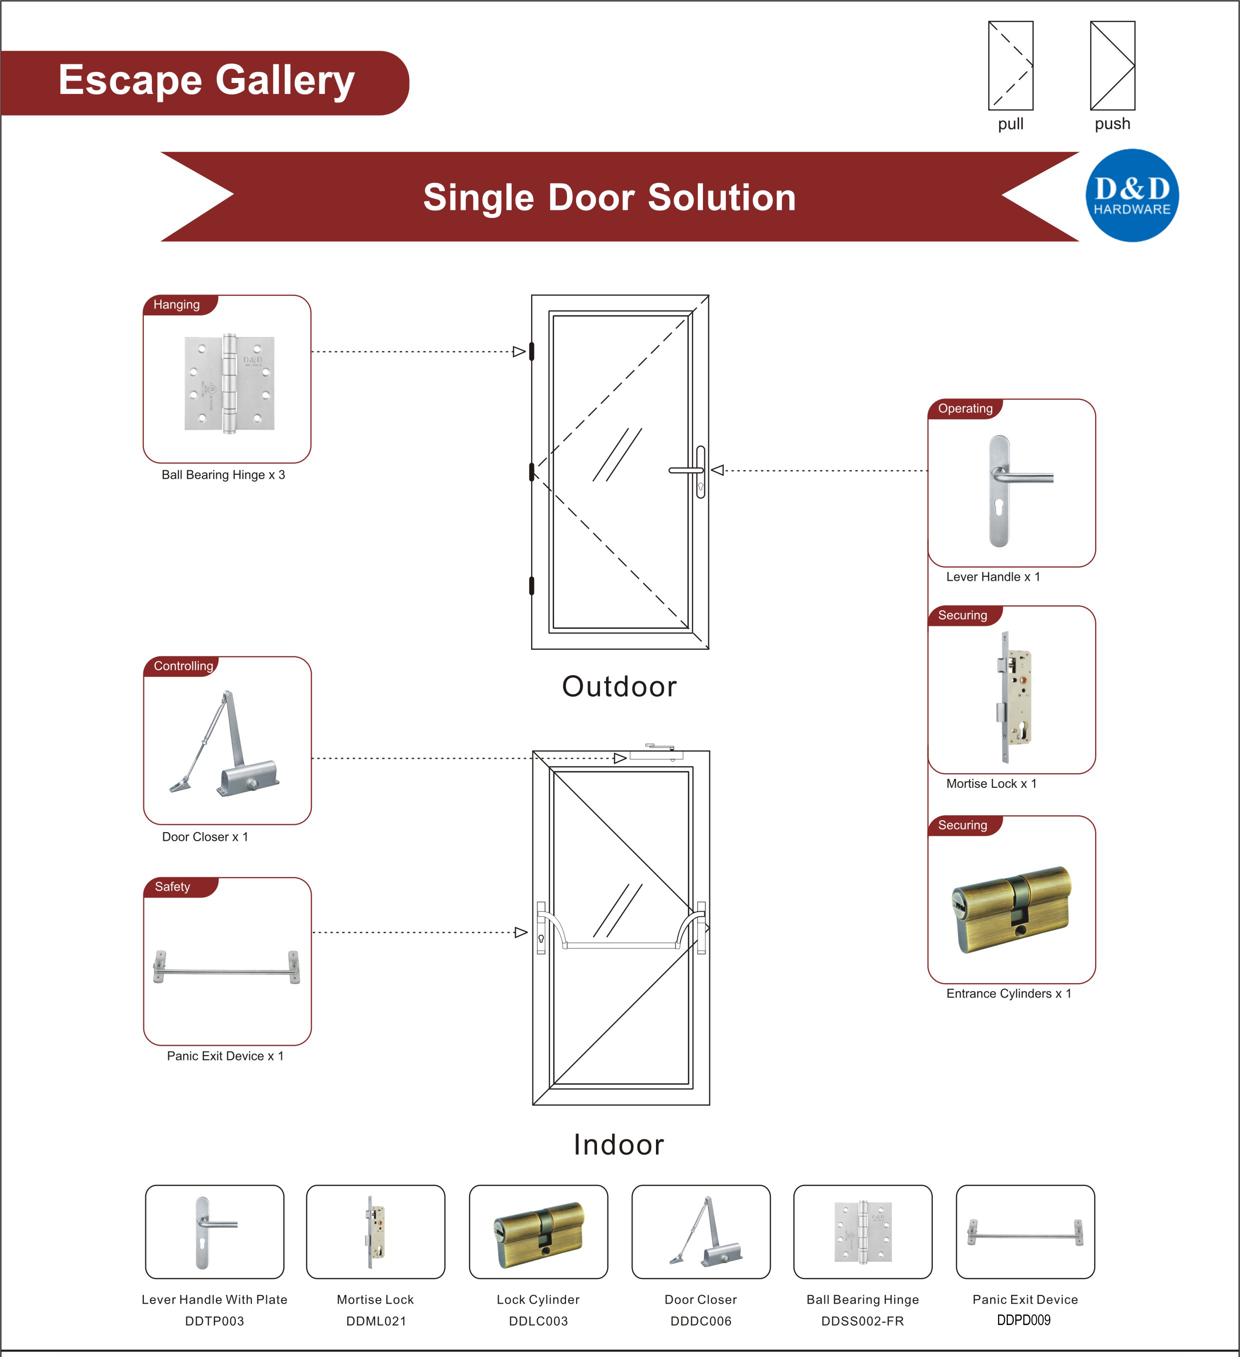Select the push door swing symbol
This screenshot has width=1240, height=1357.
pyautogui.click(x=1112, y=66)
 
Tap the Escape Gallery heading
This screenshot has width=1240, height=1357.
pyautogui.click(x=206, y=81)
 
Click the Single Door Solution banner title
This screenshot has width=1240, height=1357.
pyautogui.click(x=609, y=197)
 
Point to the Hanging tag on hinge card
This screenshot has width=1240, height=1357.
pyautogui.click(x=177, y=305)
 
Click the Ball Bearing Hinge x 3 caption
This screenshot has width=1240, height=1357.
pyautogui.click(x=223, y=474)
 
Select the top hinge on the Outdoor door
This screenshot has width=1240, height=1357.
pyautogui.click(x=532, y=351)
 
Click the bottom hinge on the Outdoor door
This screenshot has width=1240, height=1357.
pyautogui.click(x=532, y=586)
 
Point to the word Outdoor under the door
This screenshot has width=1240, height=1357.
pyautogui.click(x=619, y=687)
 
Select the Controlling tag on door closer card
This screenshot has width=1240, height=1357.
pyautogui.click(x=183, y=666)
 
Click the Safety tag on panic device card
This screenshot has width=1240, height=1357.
pyautogui.click(x=172, y=887)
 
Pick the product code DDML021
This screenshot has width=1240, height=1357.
pyautogui.click(x=376, y=1321)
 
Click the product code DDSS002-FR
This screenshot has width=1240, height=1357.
pyautogui.click(x=862, y=1321)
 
